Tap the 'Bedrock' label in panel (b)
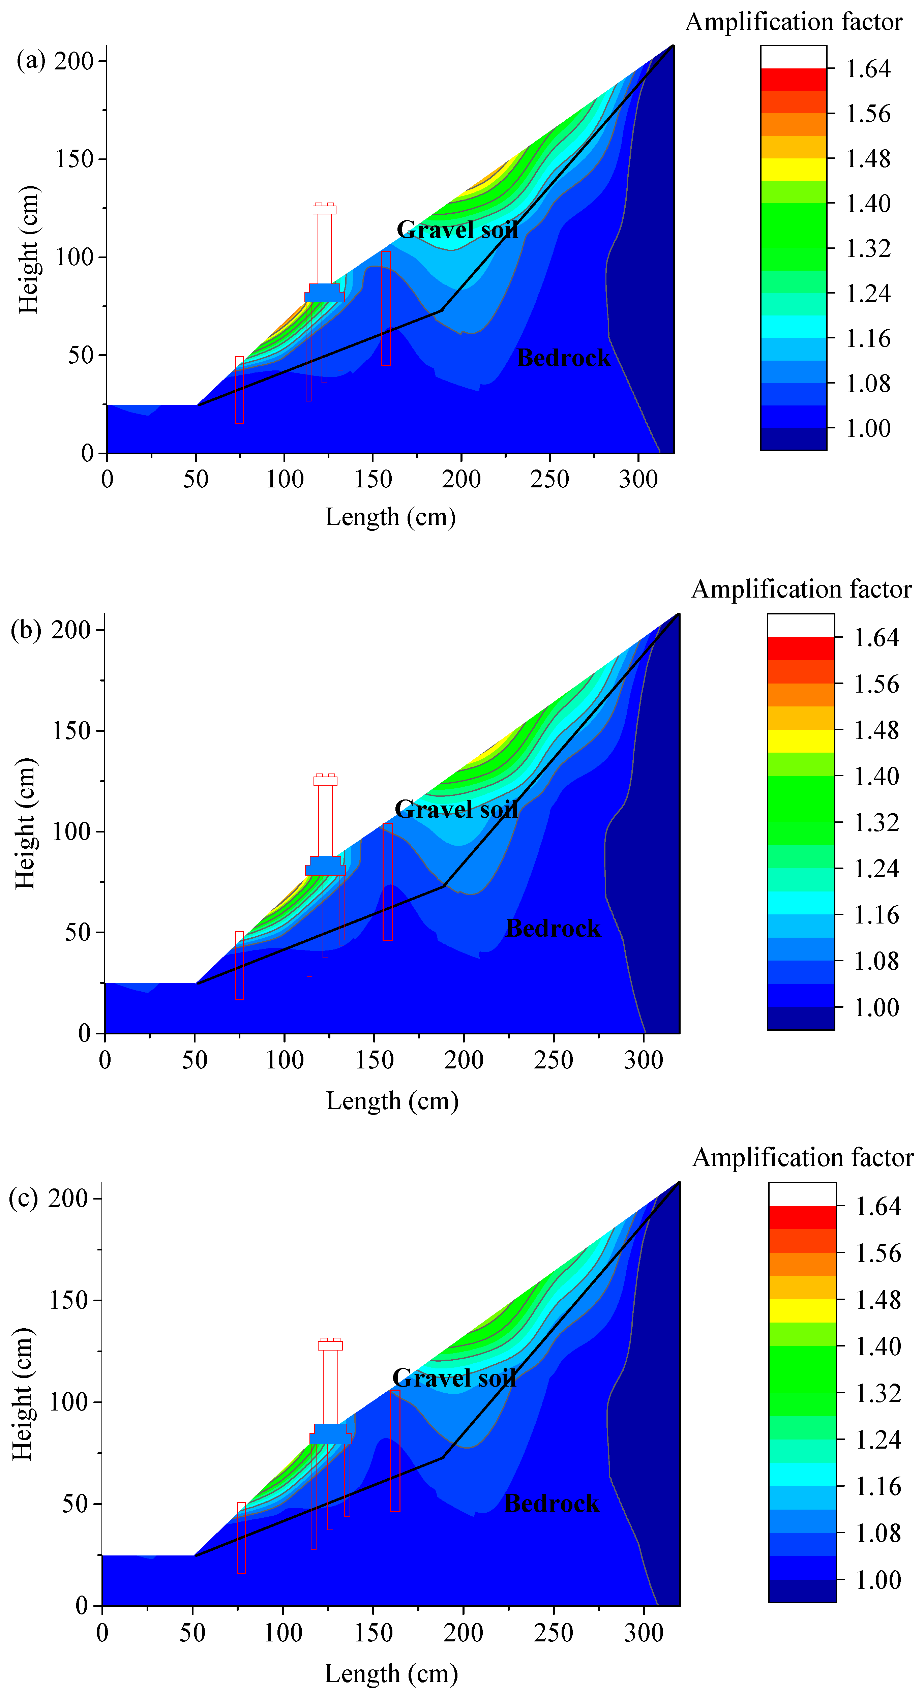(x=553, y=928)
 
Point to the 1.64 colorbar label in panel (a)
(x=868, y=68)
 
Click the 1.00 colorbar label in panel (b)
(x=876, y=1007)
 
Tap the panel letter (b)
(x=26, y=630)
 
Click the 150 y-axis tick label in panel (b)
(x=71, y=731)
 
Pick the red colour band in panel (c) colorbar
(x=802, y=1217)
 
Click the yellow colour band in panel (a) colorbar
(x=794, y=169)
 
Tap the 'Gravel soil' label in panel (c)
(x=454, y=1378)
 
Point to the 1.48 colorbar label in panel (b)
(x=876, y=730)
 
